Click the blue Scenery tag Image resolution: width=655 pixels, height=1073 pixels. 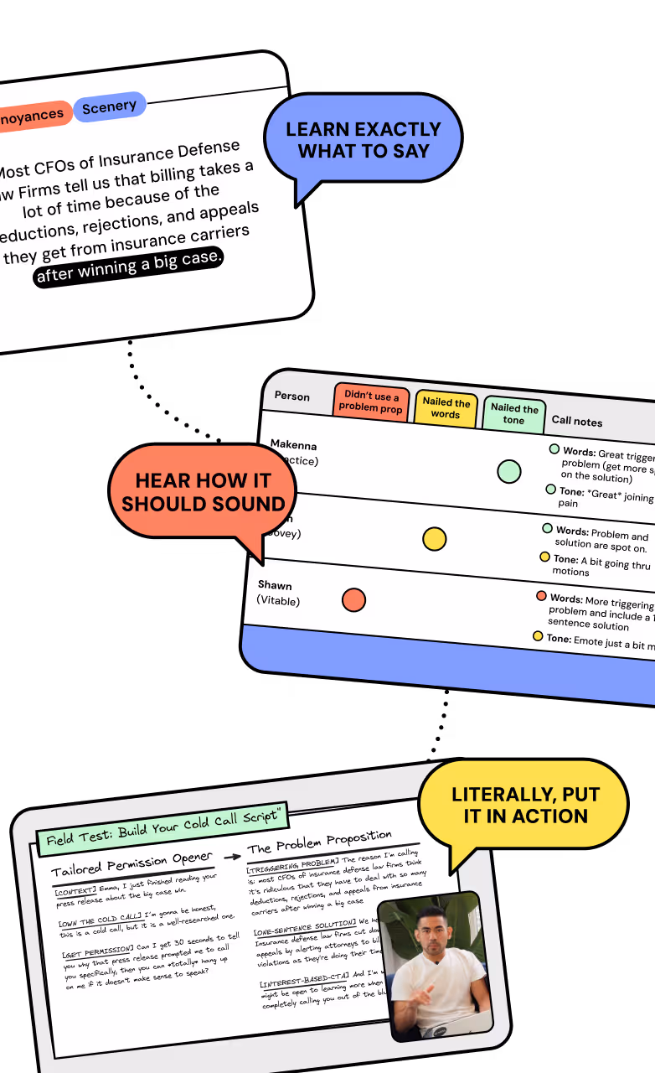[109, 107]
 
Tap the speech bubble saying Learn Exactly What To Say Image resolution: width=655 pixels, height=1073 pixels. [363, 140]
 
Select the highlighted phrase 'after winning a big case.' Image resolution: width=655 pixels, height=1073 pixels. [129, 265]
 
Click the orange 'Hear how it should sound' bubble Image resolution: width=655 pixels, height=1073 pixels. [203, 492]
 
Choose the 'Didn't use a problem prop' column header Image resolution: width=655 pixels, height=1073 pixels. [371, 402]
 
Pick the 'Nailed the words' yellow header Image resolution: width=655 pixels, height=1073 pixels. [446, 408]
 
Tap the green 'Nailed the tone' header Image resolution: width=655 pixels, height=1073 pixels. [513, 414]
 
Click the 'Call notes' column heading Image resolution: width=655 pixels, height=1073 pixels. [576, 422]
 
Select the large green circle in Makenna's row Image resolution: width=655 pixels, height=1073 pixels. [508, 471]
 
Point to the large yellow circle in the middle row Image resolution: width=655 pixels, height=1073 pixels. [434, 539]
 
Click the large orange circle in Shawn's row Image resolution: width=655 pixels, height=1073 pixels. [353, 599]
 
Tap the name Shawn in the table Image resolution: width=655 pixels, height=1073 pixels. [275, 585]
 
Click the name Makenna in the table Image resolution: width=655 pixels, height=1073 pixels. [293, 445]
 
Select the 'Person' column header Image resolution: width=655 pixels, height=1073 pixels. [291, 397]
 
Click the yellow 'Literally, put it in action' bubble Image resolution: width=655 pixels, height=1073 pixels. [525, 806]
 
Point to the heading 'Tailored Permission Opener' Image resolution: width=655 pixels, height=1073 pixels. [132, 863]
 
